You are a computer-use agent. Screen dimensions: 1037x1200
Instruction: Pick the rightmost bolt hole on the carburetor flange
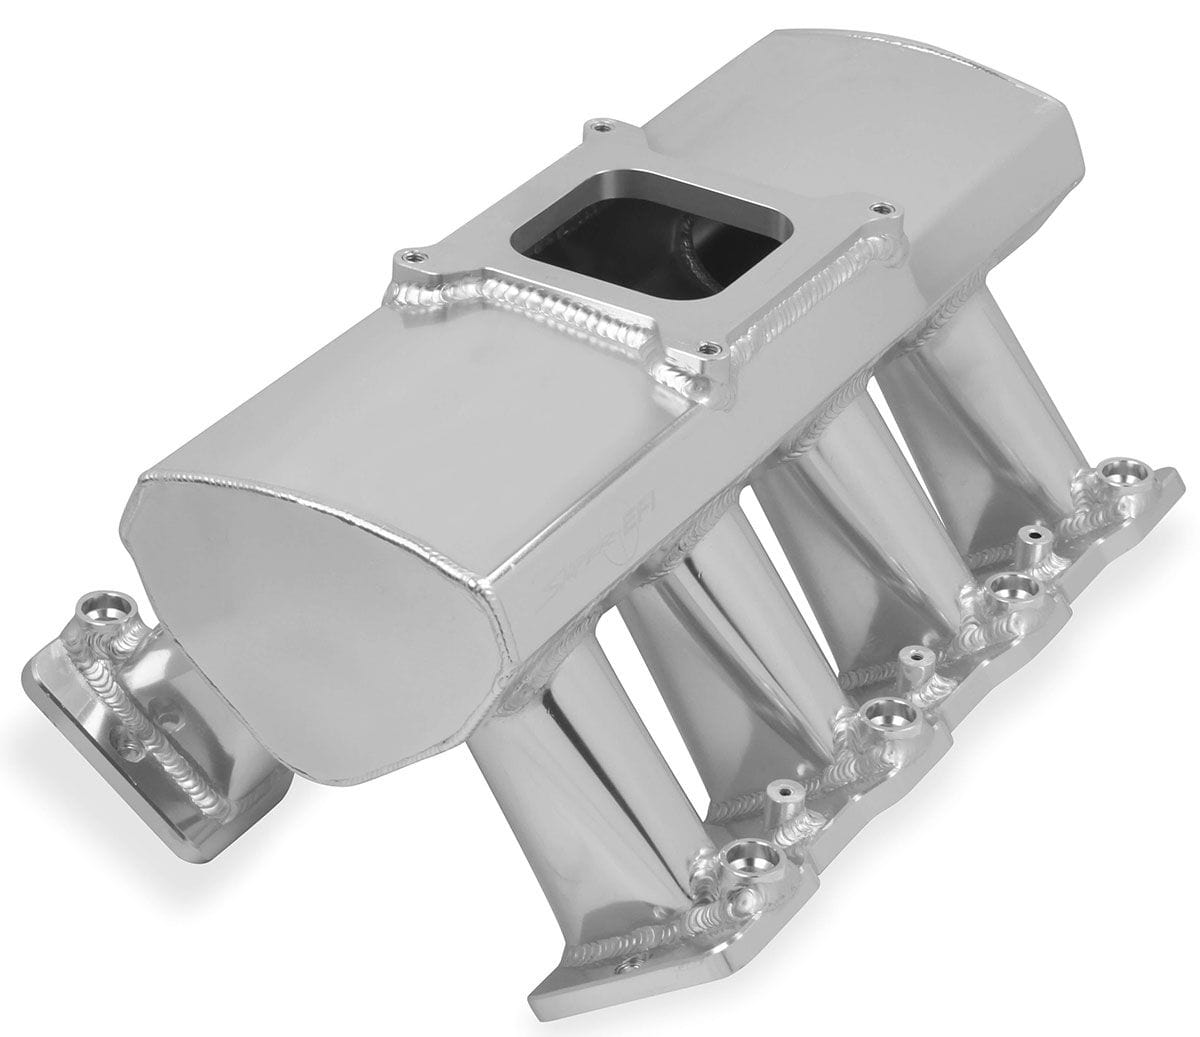coord(879,209)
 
